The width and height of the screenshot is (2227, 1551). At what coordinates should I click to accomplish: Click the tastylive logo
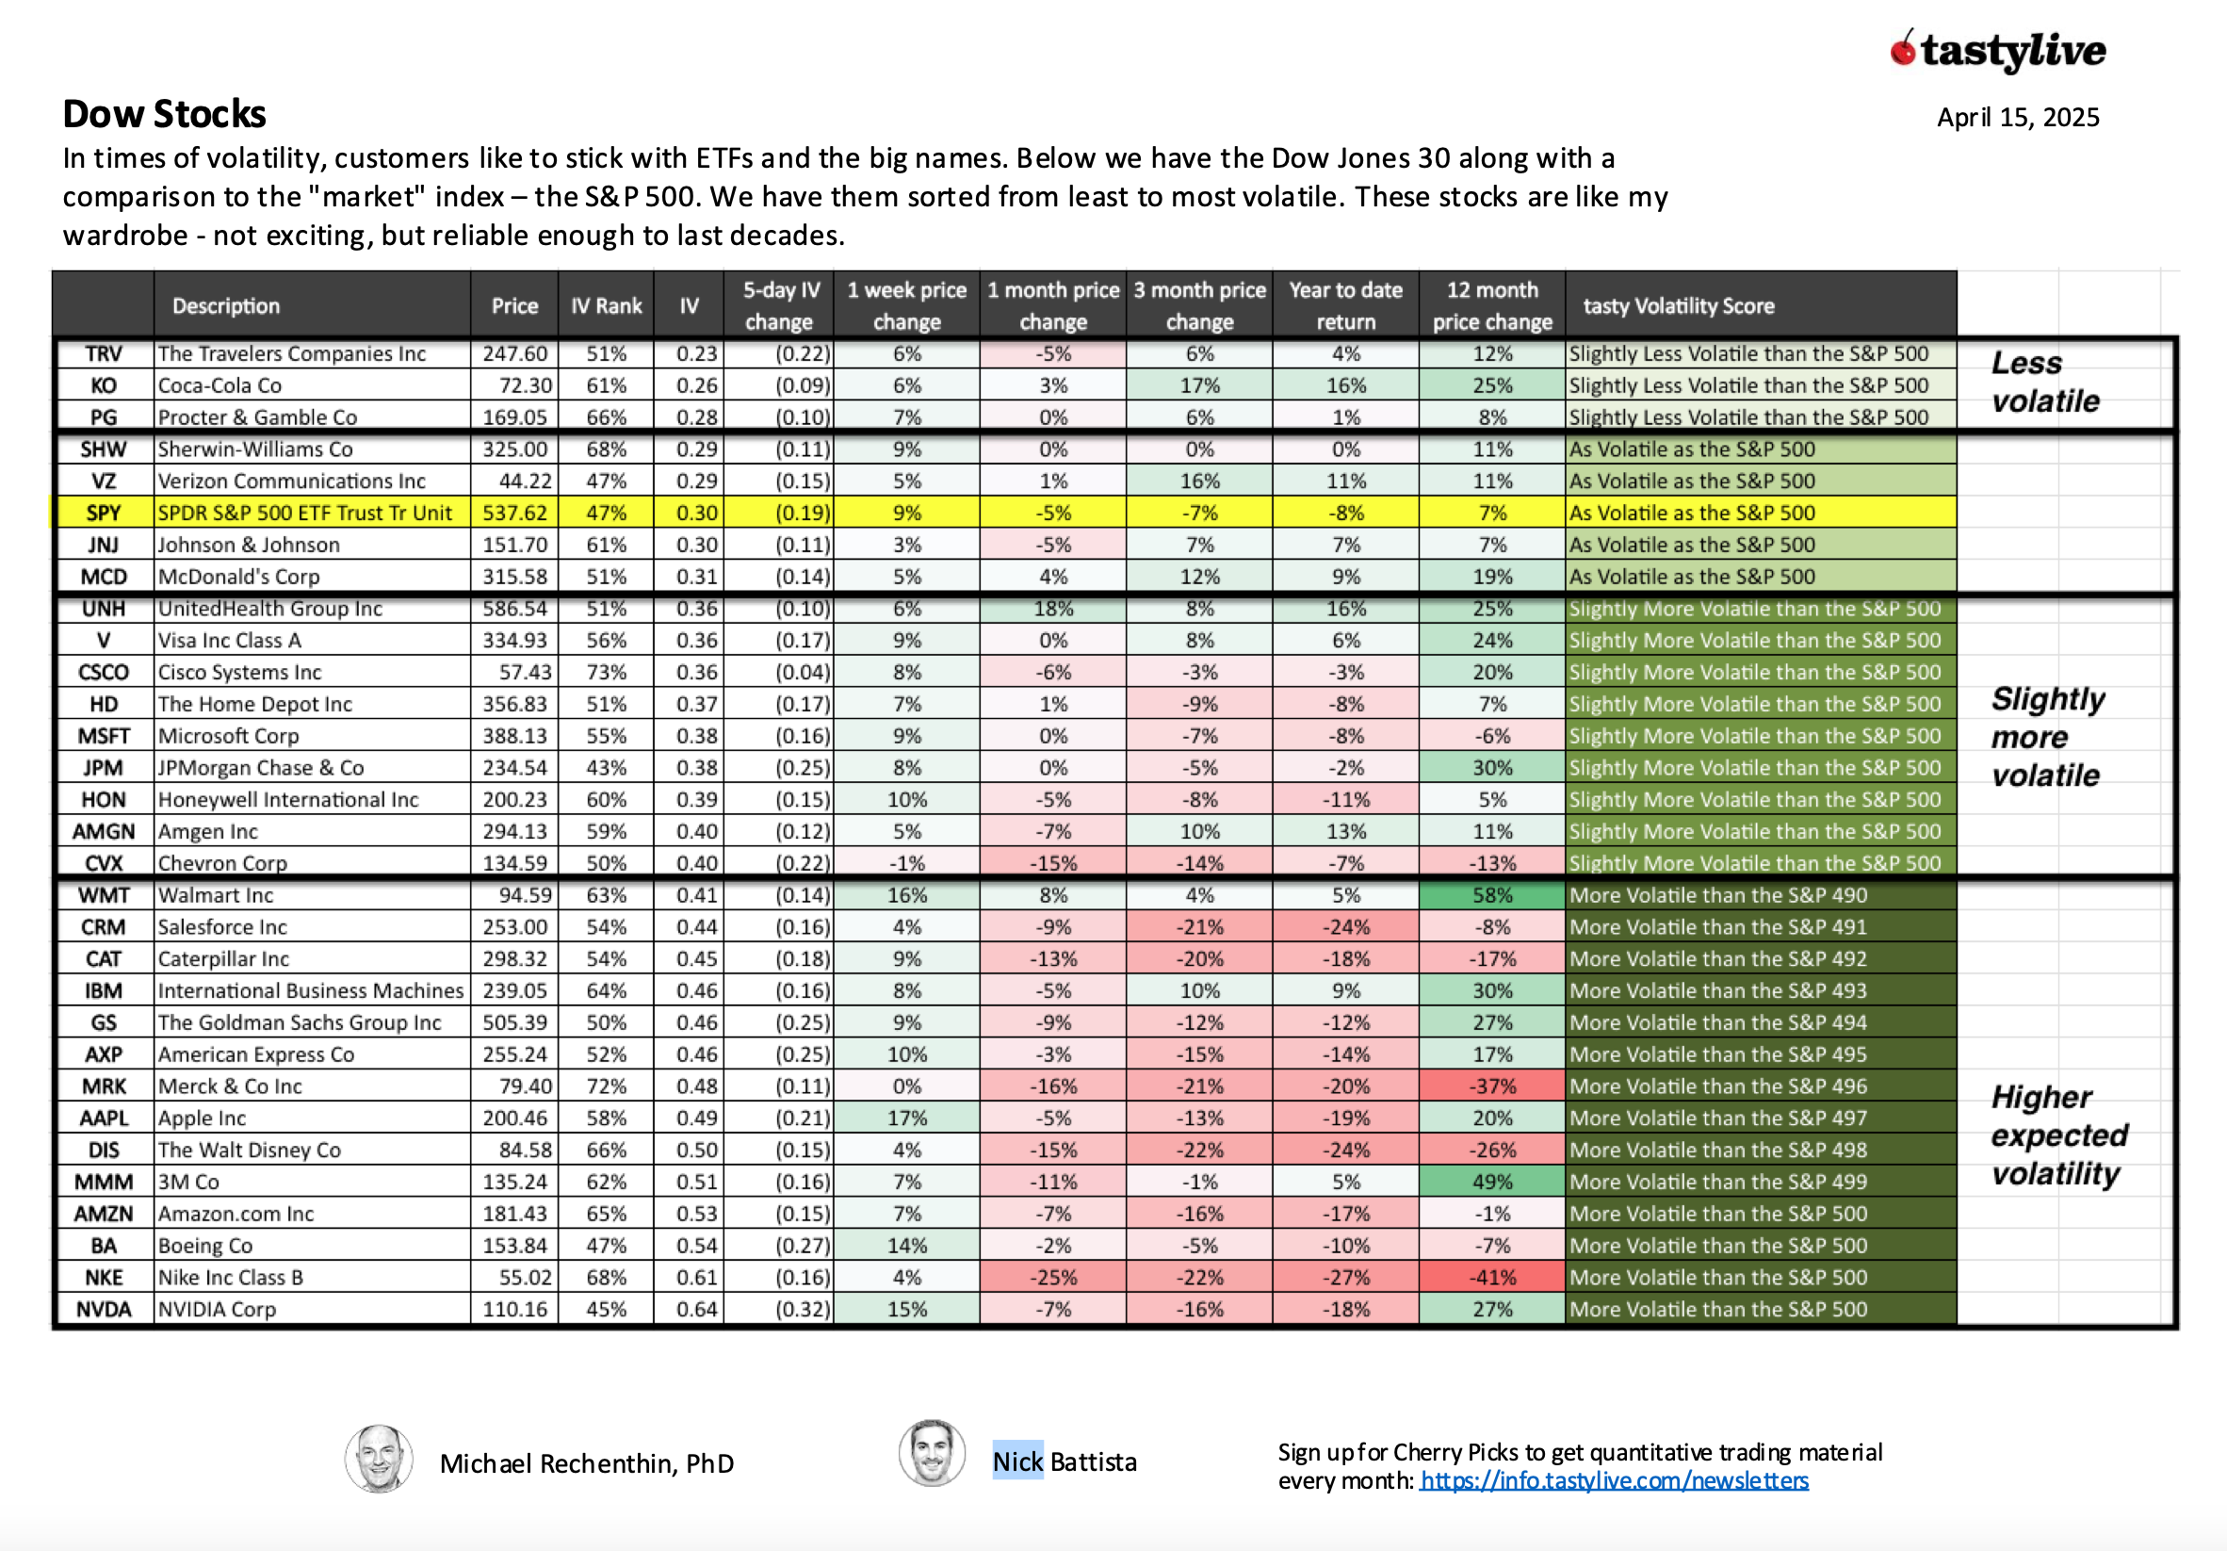[x=1999, y=51]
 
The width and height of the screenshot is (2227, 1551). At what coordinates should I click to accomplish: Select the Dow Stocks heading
[x=164, y=114]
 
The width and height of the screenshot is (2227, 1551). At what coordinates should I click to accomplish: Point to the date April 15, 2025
[x=2018, y=118]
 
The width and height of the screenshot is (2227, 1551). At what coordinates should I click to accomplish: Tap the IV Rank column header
[x=607, y=305]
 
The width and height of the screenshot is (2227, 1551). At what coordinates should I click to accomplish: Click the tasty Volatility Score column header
[x=1678, y=305]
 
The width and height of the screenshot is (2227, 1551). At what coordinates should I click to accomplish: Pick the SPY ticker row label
[x=104, y=514]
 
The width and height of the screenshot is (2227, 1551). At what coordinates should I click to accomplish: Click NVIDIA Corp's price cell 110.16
[x=515, y=1310]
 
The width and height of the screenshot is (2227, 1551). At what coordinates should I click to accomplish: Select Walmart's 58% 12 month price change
[x=1492, y=895]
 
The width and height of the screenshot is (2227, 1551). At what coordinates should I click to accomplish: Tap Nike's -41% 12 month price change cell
[x=1492, y=1278]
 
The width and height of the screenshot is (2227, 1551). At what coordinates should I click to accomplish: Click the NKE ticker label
[x=104, y=1278]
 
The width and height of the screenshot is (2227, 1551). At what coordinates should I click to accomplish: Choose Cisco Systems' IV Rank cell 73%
[x=607, y=672]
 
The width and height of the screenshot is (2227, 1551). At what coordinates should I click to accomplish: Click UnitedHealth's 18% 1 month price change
[x=1053, y=608]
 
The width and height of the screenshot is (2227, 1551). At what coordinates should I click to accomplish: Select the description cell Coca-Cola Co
[x=220, y=386]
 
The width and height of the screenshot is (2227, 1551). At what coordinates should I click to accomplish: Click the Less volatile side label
[x=2044, y=383]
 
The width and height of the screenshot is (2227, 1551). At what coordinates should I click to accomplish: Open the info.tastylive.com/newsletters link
[x=1614, y=1481]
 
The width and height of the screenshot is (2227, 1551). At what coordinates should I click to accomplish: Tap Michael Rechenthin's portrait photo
[x=380, y=1458]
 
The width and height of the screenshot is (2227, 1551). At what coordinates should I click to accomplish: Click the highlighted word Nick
[x=1017, y=1461]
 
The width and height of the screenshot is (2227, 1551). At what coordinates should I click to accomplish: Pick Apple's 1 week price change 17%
[x=907, y=1118]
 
